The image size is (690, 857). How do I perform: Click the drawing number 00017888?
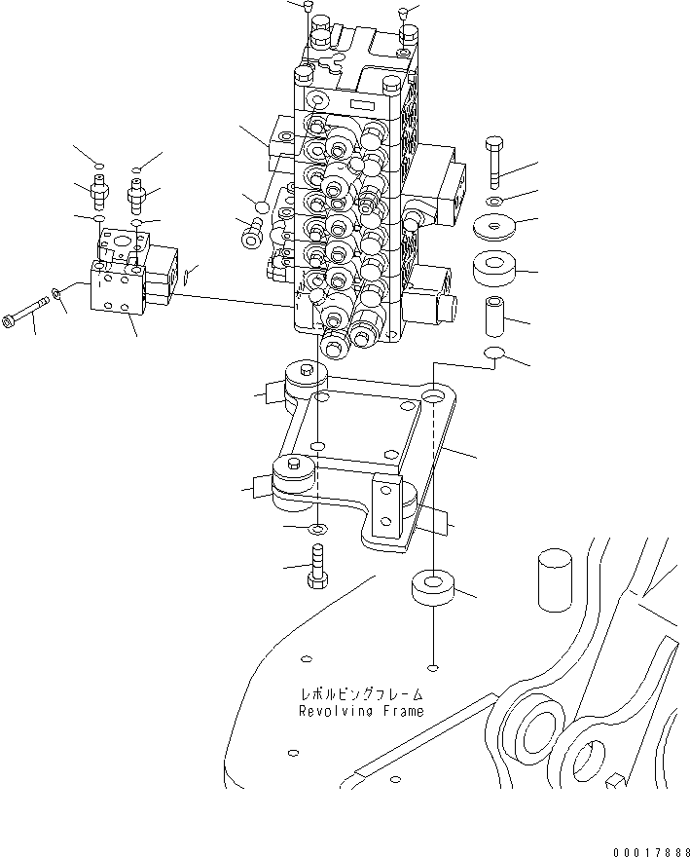point(648,850)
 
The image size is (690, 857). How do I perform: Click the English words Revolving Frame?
point(361,711)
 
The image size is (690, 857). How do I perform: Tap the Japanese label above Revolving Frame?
point(361,695)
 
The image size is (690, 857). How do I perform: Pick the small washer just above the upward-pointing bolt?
point(316,529)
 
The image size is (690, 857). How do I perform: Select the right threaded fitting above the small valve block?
point(136,197)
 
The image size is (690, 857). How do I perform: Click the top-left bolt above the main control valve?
point(309,9)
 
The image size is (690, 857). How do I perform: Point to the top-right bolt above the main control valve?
point(402,13)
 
